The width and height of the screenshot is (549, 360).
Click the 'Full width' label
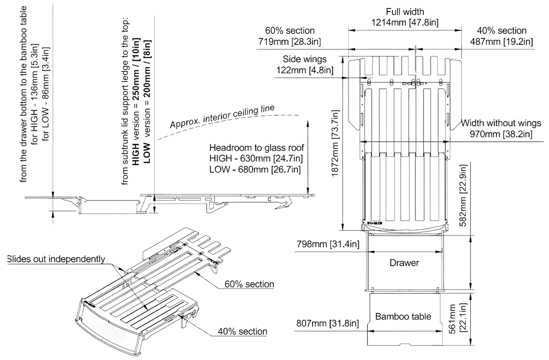(405, 11)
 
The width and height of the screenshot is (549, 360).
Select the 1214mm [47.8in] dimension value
(405, 22)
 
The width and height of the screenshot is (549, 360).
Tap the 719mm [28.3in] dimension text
(290, 42)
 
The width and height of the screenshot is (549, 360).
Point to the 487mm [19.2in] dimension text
(501, 42)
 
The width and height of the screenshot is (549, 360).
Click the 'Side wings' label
(305, 59)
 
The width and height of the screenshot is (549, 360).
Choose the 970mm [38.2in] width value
(501, 134)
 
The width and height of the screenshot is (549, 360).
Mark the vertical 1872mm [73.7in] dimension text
(335, 143)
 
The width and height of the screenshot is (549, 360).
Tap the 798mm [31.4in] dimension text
(328, 244)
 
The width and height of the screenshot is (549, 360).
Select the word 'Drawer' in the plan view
(404, 263)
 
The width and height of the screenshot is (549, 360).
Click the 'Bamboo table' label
(403, 317)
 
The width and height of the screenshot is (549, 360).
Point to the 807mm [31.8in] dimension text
(328, 323)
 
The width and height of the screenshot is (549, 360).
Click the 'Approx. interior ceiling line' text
(222, 117)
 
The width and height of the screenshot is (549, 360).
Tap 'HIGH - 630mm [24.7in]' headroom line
(256, 159)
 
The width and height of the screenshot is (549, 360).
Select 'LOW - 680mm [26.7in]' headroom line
(255, 169)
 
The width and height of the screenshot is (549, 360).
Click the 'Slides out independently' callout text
(56, 259)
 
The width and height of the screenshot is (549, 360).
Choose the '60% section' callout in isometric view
(249, 284)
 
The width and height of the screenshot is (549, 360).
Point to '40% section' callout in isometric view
(242, 332)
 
